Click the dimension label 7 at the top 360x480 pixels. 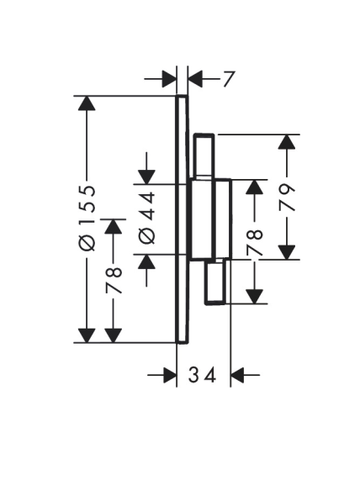click(x=228, y=79)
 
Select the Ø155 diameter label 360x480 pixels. click(x=87, y=218)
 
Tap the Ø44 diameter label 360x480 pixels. click(x=147, y=218)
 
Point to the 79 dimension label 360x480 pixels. click(x=287, y=198)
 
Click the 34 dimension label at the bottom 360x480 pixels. click(x=202, y=375)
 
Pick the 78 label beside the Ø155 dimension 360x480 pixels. click(x=114, y=280)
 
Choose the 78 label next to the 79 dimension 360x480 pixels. click(x=255, y=242)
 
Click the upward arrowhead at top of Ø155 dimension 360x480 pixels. click(x=87, y=103)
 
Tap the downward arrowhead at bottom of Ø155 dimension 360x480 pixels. click(x=87, y=335)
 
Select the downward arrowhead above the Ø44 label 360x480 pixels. click(x=146, y=177)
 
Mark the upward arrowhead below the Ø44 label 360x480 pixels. click(x=146, y=261)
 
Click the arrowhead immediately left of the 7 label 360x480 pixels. click(x=195, y=79)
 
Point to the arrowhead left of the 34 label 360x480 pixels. click(x=170, y=375)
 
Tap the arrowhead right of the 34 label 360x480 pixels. click(x=238, y=375)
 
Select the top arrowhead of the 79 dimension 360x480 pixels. click(x=287, y=142)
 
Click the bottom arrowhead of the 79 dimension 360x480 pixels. click(x=287, y=252)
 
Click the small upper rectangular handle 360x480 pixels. click(x=204, y=156)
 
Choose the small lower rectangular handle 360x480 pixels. click(x=216, y=282)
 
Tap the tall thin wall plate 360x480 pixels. click(x=182, y=219)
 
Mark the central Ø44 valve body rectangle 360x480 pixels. click(x=202, y=219)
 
